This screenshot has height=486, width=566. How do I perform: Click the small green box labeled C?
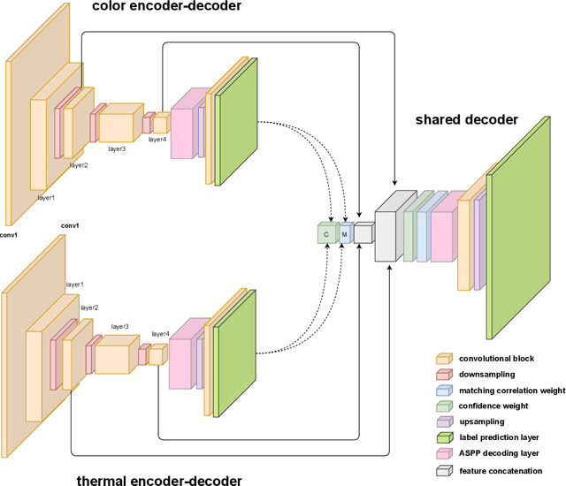[x=326, y=233]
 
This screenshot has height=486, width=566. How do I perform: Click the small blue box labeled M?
[x=345, y=232]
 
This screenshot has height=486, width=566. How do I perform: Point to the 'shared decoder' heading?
[x=467, y=120]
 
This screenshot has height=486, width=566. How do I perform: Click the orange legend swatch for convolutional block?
[x=444, y=359]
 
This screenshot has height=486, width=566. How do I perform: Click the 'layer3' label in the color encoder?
[x=117, y=148]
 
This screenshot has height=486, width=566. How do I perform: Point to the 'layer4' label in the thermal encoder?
[x=160, y=334]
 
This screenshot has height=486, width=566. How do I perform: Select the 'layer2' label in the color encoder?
[x=79, y=165]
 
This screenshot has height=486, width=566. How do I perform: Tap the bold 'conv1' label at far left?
[x=10, y=234]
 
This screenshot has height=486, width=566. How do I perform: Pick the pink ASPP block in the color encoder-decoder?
[x=182, y=124]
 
